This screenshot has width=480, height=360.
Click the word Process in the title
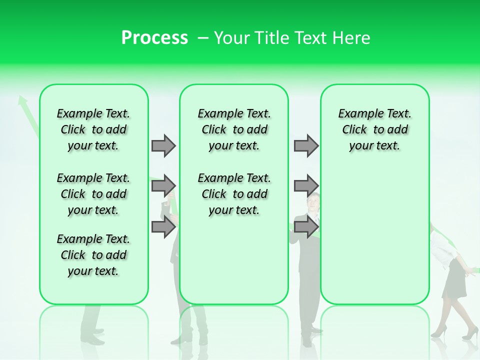(x=154, y=38)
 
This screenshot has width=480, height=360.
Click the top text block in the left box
(x=93, y=129)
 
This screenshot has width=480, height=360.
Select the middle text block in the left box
(x=93, y=194)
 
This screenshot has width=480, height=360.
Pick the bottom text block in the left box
(x=93, y=255)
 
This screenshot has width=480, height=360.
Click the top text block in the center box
(x=234, y=129)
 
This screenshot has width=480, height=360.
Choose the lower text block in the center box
(x=234, y=194)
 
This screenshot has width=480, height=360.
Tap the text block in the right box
(x=374, y=129)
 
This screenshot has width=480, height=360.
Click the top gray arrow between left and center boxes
(x=163, y=145)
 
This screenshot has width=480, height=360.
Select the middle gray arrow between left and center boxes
(x=163, y=186)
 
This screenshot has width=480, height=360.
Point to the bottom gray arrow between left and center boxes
(x=163, y=227)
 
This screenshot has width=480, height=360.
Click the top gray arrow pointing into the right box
(x=306, y=145)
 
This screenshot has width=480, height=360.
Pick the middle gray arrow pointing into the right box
(x=306, y=186)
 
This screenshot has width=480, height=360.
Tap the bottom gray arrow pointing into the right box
(x=306, y=227)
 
